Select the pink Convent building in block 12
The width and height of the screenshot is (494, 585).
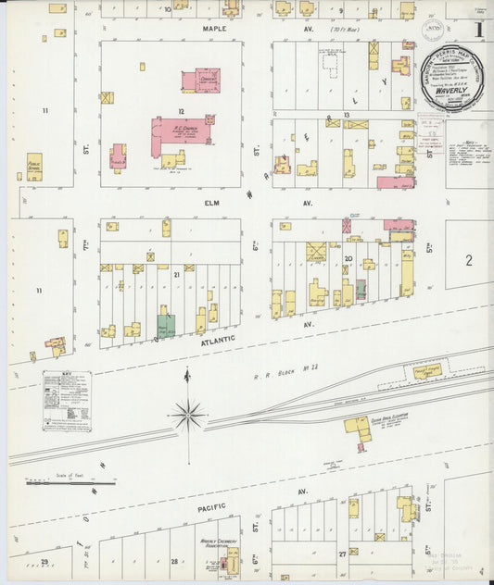pyautogui.click(x=201, y=81)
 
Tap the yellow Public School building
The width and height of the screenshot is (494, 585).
pyautogui.click(x=34, y=166)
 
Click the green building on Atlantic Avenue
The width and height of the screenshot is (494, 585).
pyautogui.click(x=166, y=326)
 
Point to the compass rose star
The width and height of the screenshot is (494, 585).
pyautogui.click(x=188, y=415)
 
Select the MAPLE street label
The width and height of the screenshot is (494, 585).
pyautogui.click(x=214, y=29)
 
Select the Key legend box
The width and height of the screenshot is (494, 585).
pyautogui.click(x=68, y=401)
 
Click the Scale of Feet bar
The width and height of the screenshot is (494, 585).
pyautogui.click(x=70, y=482)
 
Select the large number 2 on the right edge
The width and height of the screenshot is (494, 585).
pyautogui.click(x=469, y=260)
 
